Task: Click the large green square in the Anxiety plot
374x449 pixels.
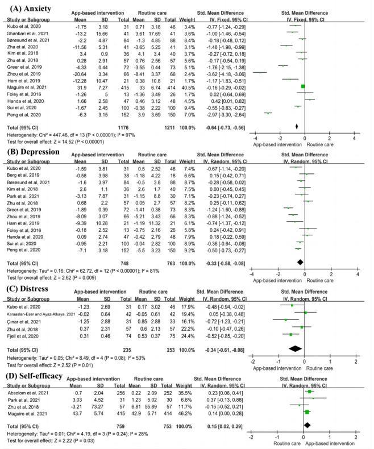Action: click(302, 86)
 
